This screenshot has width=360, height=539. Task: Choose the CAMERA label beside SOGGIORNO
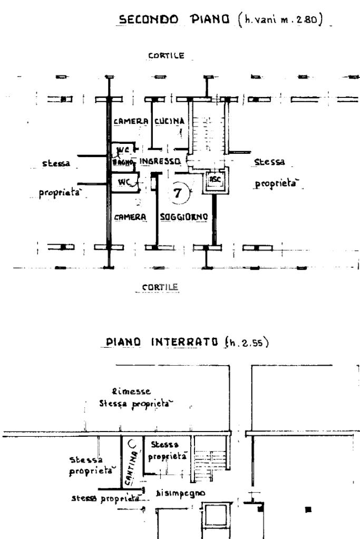(130, 217)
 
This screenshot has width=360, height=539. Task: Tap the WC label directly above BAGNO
(122, 150)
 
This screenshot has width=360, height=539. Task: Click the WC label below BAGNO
(123, 182)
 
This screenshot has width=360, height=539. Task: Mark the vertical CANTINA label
(128, 468)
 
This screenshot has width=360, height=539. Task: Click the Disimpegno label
(181, 494)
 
